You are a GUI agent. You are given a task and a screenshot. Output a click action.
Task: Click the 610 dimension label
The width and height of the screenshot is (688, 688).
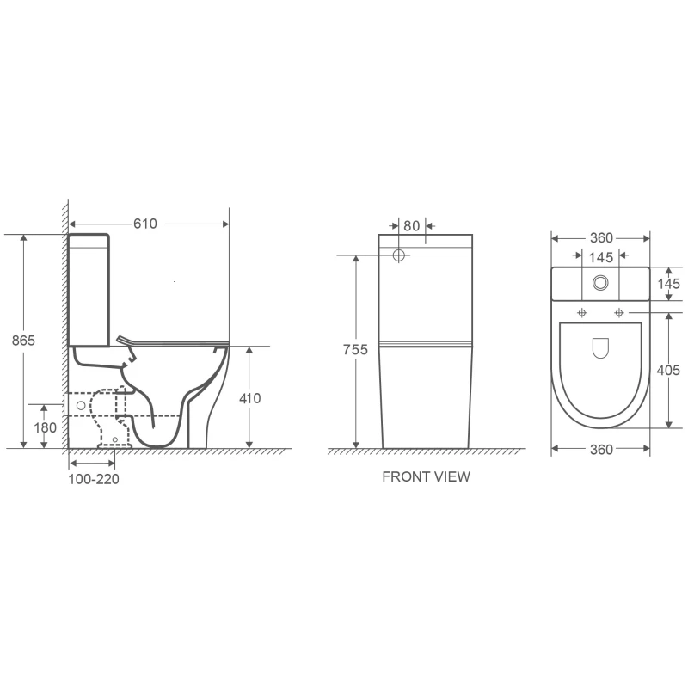pos(145,224)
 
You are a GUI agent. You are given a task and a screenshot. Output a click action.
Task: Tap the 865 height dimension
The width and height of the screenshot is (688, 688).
pos(23,340)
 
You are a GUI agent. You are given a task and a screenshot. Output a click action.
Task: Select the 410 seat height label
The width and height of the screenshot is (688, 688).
pos(249,398)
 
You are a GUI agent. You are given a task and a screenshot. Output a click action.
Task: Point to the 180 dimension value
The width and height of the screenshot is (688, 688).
pos(46,427)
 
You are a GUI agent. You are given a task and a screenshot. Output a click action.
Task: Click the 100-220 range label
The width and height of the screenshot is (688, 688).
pos(94,479)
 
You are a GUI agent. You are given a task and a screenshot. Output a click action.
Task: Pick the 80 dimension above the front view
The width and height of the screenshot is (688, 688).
pos(412,226)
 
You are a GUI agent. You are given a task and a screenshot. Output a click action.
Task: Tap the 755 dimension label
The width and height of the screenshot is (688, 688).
pos(355,350)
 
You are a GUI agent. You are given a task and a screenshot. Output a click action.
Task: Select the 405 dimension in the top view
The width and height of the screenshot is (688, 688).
pos(668,371)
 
